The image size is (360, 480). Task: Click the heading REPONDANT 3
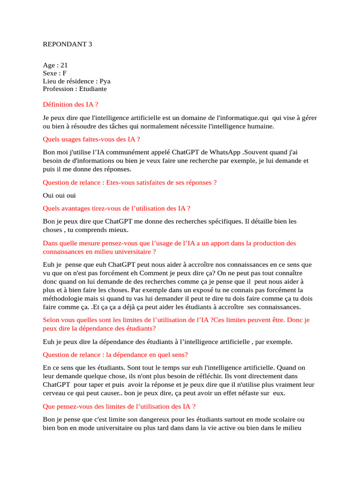pyautogui.click(x=67, y=45)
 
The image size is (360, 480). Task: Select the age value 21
pyautogui.click(x=64, y=66)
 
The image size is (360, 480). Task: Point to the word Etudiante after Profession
pyautogui.click(x=93, y=88)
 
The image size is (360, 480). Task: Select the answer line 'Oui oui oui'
pyautogui.click(x=59, y=195)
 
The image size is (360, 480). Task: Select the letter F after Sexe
pyautogui.click(x=65, y=73)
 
